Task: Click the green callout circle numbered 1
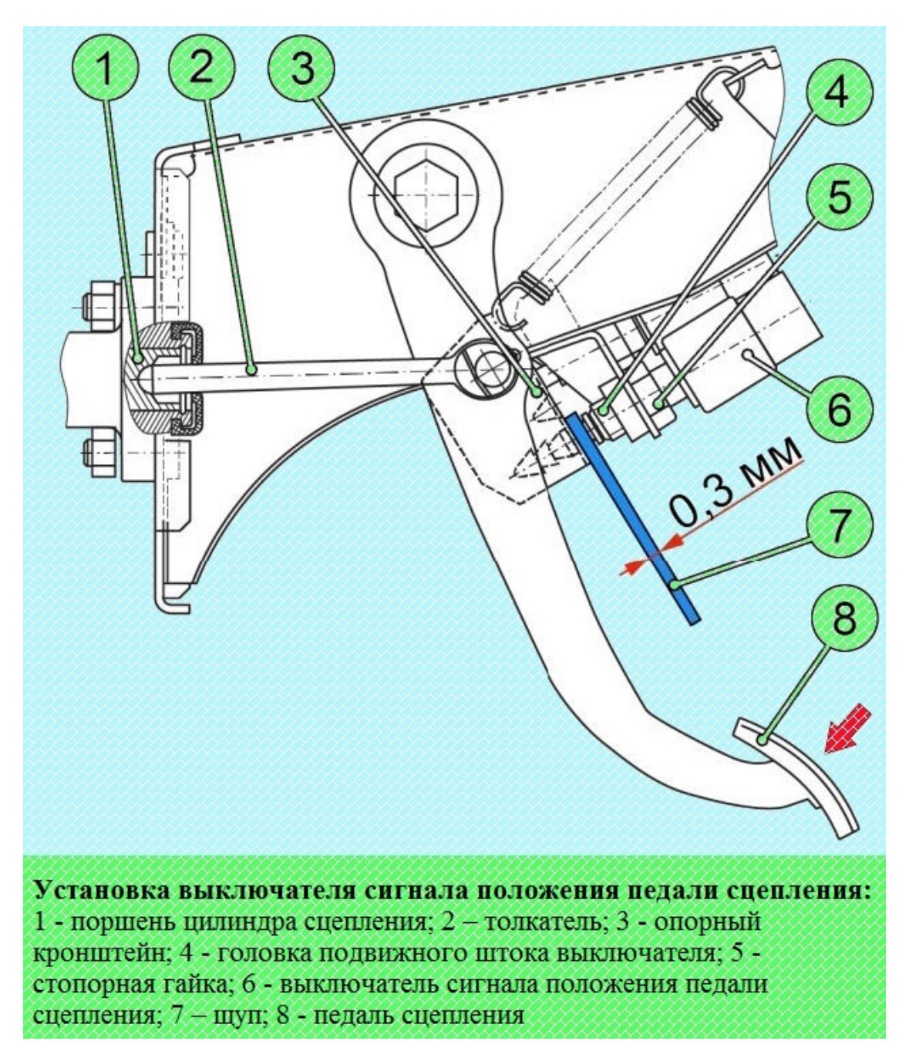[x=106, y=68]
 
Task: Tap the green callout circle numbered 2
[x=201, y=68]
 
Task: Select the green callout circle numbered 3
[x=302, y=68]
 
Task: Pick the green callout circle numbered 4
[x=840, y=92]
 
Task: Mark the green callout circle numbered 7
[x=840, y=525]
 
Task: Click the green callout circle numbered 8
[x=843, y=618]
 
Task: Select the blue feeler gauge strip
[x=633, y=519]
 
